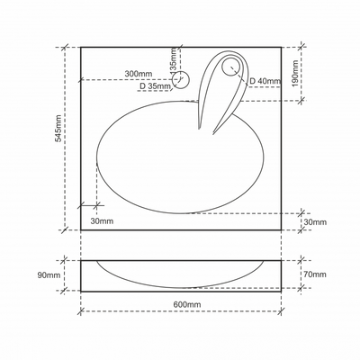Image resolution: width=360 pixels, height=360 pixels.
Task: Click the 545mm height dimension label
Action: click(x=58, y=128)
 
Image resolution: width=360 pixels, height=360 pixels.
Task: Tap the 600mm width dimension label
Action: click(x=187, y=304)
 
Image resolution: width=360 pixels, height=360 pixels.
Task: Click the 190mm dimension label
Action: click(x=295, y=74)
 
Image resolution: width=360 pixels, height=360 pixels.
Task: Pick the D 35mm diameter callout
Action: click(x=155, y=86)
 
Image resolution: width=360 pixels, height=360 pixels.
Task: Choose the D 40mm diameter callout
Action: click(x=265, y=81)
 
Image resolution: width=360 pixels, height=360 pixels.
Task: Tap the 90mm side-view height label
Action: click(x=49, y=275)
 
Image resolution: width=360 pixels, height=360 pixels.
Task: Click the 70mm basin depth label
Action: click(x=315, y=274)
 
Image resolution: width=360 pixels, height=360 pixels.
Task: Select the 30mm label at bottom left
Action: click(x=102, y=221)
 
